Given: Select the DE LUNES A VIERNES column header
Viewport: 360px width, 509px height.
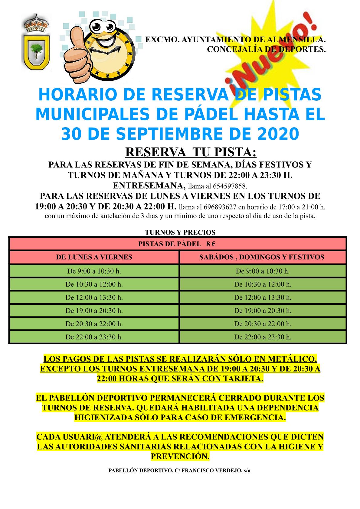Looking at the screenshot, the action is point(94,257).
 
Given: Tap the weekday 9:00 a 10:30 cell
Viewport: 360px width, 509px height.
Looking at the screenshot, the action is point(94,271).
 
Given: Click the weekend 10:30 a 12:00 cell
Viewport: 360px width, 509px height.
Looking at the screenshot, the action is point(263,284).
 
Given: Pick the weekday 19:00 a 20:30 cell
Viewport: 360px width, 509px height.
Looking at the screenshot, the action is point(94,311).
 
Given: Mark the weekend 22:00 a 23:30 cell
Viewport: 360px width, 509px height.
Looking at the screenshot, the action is point(263,337).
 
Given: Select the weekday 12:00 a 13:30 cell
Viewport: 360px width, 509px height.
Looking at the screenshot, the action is point(94,297).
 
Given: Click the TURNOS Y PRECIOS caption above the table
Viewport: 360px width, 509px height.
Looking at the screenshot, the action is point(180,232).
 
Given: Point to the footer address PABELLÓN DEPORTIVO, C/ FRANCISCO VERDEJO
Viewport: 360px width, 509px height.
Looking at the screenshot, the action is point(179,471).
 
